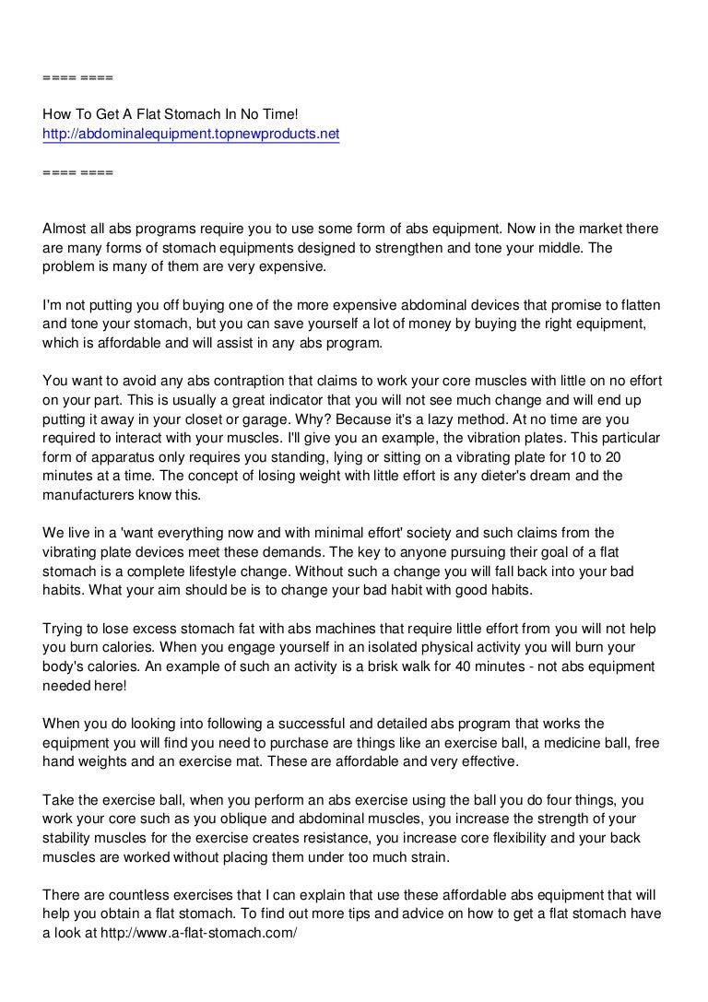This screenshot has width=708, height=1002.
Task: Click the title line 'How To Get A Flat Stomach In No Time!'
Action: [x=171, y=115]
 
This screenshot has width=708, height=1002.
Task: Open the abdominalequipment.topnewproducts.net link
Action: [x=192, y=135]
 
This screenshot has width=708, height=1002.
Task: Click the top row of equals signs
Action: [x=78, y=77]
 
